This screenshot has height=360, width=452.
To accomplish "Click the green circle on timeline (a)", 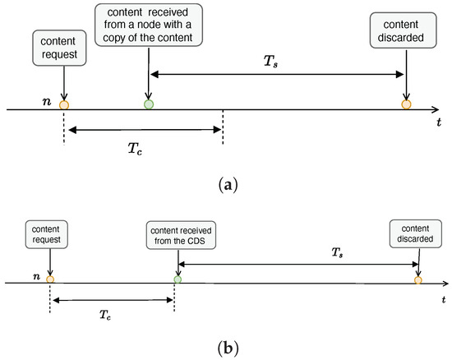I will click(x=148, y=104).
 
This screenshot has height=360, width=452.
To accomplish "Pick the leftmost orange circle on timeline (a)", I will click(x=63, y=105).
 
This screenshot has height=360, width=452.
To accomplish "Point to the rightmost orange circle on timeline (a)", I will click(x=406, y=105).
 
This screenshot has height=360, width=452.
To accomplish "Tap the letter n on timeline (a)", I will click(x=47, y=101).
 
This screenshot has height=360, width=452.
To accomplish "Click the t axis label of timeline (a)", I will click(x=440, y=121).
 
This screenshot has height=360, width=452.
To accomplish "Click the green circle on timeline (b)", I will click(x=178, y=281).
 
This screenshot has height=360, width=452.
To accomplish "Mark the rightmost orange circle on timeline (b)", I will click(x=418, y=281).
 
